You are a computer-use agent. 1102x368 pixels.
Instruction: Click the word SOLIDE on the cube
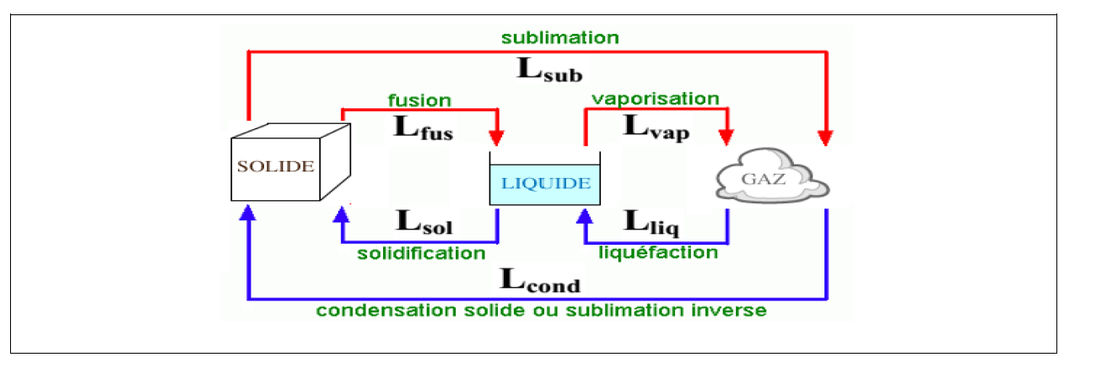[275, 166]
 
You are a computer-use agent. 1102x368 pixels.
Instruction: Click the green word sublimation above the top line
[560, 38]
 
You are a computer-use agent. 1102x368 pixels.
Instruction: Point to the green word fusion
[419, 100]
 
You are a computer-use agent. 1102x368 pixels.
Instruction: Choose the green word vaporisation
[656, 99]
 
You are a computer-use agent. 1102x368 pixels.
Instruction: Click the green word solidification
[421, 253]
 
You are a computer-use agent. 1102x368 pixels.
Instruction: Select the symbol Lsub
[548, 69]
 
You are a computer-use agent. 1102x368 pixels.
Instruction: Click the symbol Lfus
[424, 127]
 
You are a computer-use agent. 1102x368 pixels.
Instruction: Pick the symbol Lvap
[656, 127]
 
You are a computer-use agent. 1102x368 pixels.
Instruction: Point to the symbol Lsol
[424, 222]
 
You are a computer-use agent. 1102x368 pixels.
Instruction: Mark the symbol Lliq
[652, 222]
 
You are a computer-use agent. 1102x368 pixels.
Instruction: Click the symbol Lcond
[540, 279]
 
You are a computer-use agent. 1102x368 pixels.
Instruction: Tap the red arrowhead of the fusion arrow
[498, 138]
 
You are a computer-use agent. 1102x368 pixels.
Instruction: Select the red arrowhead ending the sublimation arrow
[827, 138]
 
